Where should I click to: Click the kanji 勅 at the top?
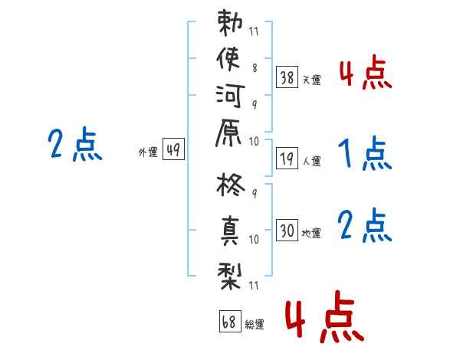[232, 24]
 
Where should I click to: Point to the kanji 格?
[232, 188]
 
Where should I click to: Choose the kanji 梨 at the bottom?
[232, 271]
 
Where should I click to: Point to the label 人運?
[311, 161]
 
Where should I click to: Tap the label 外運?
[148, 153]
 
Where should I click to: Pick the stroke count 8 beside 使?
[254, 67]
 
